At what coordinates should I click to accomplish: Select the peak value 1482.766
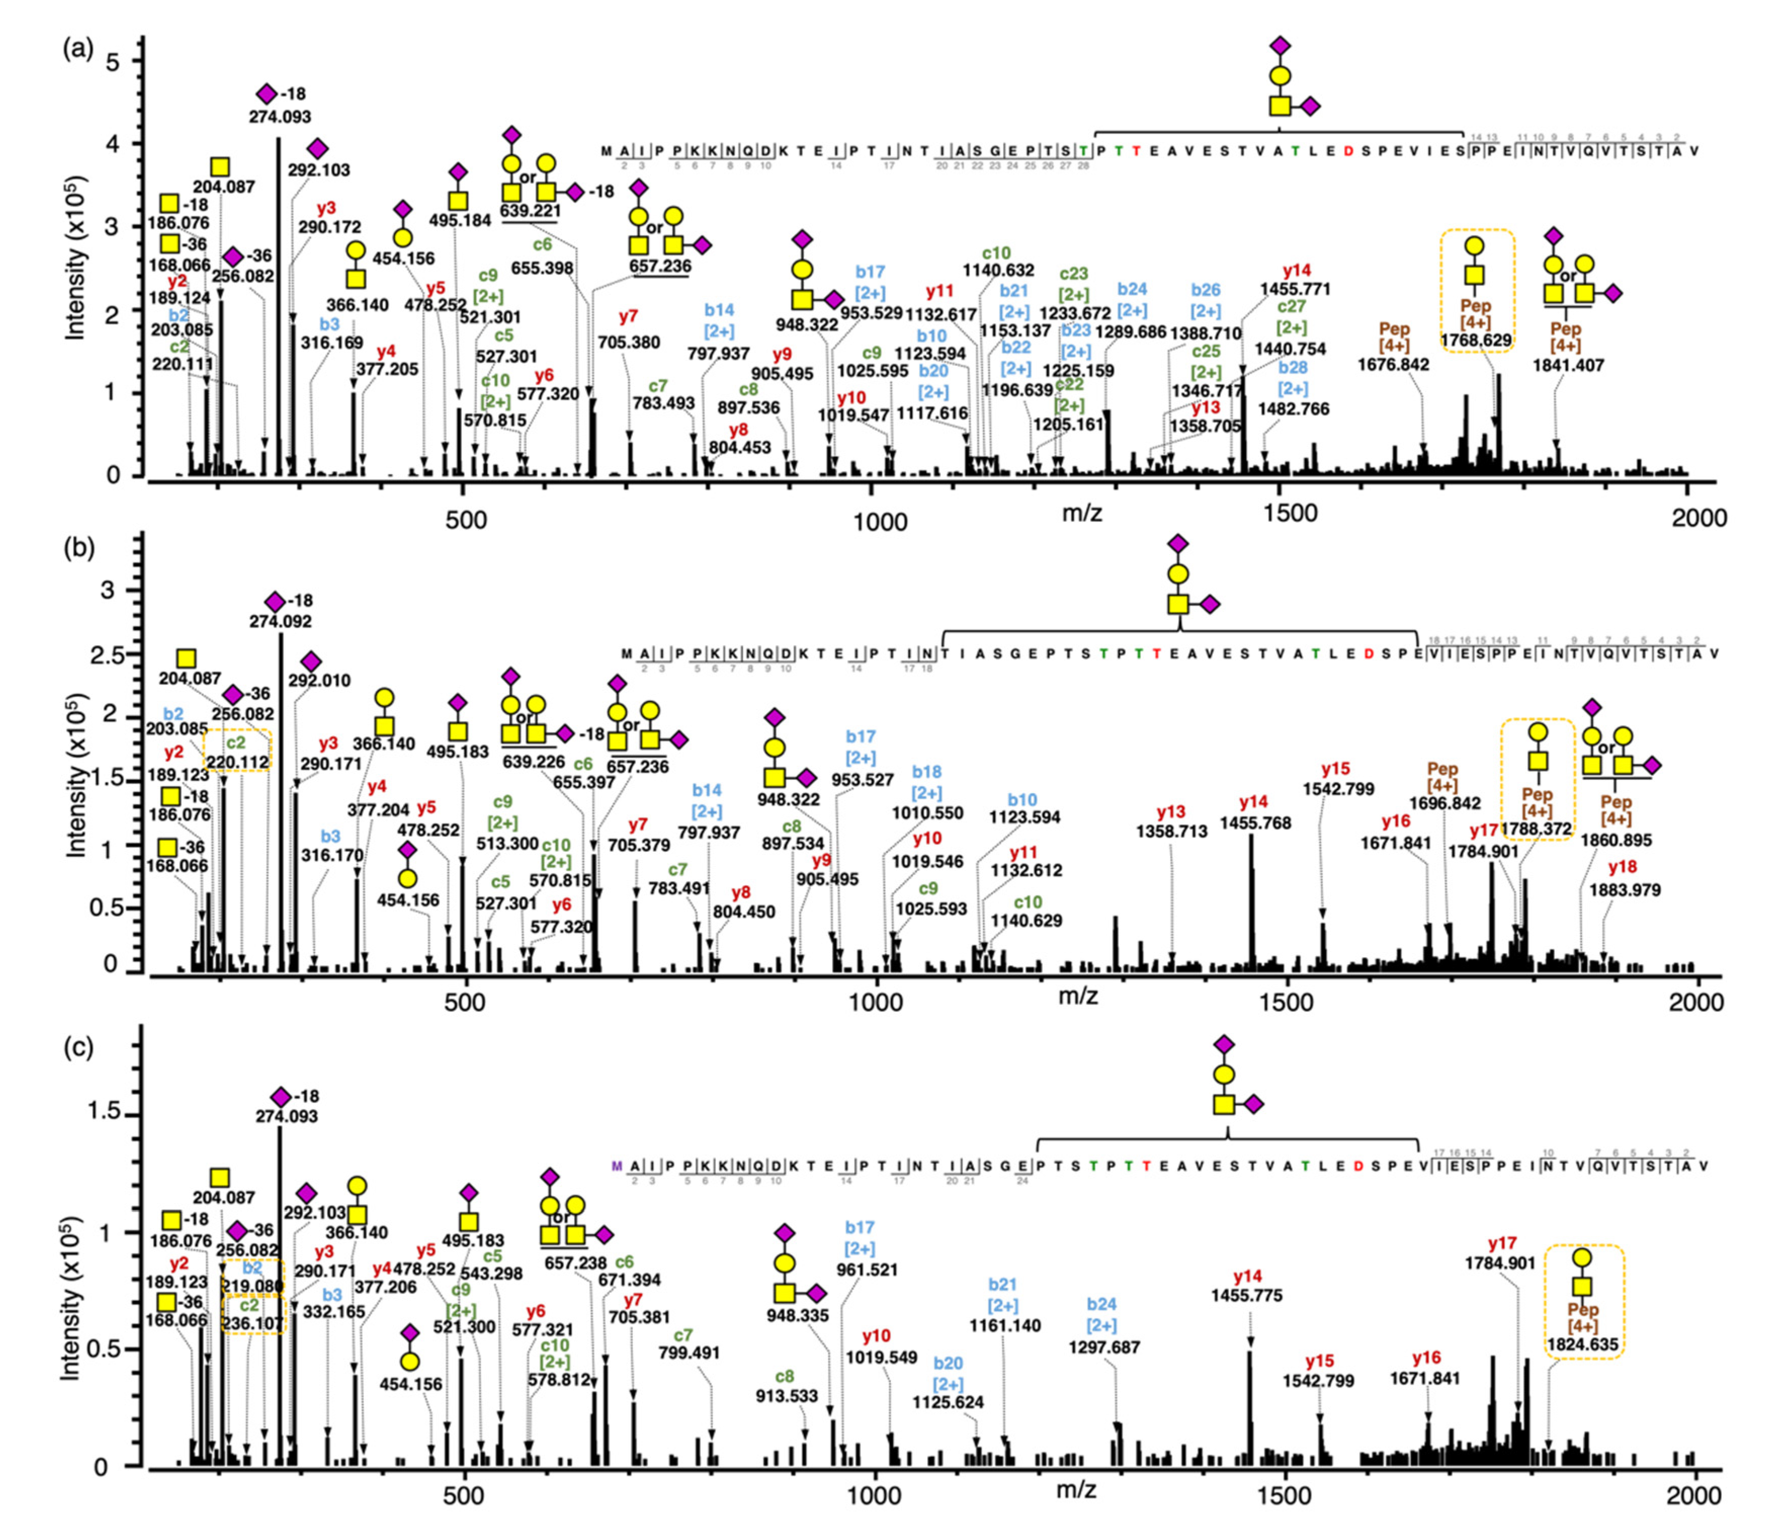[x=1294, y=409]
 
